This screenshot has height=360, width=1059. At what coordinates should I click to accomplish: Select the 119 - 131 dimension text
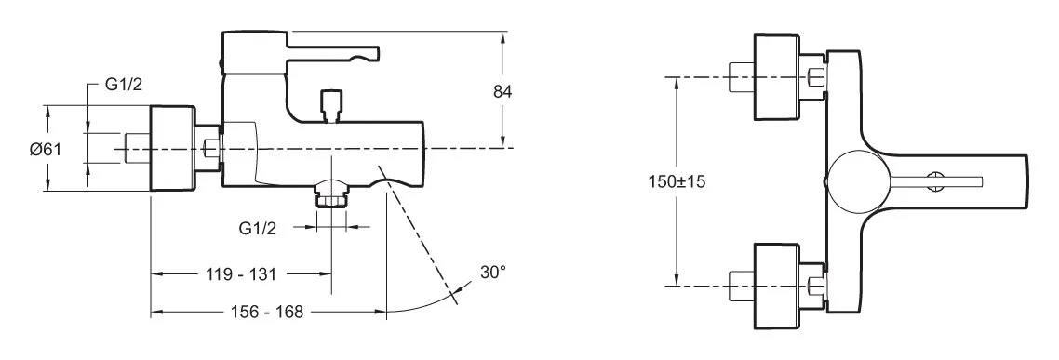pyautogui.click(x=242, y=274)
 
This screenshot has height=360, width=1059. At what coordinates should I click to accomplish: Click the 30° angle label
pyautogui.click(x=493, y=273)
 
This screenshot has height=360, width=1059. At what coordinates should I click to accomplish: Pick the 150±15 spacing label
pyautogui.click(x=677, y=181)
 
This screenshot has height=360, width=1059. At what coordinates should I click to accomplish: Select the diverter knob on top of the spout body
pyautogui.click(x=329, y=103)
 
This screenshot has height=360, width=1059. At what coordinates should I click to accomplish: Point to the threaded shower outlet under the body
pyautogui.click(x=329, y=194)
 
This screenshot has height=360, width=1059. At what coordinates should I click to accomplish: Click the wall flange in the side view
pyautogui.click(x=172, y=149)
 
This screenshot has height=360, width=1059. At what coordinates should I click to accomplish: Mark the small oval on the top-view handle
pyautogui.click(x=934, y=180)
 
